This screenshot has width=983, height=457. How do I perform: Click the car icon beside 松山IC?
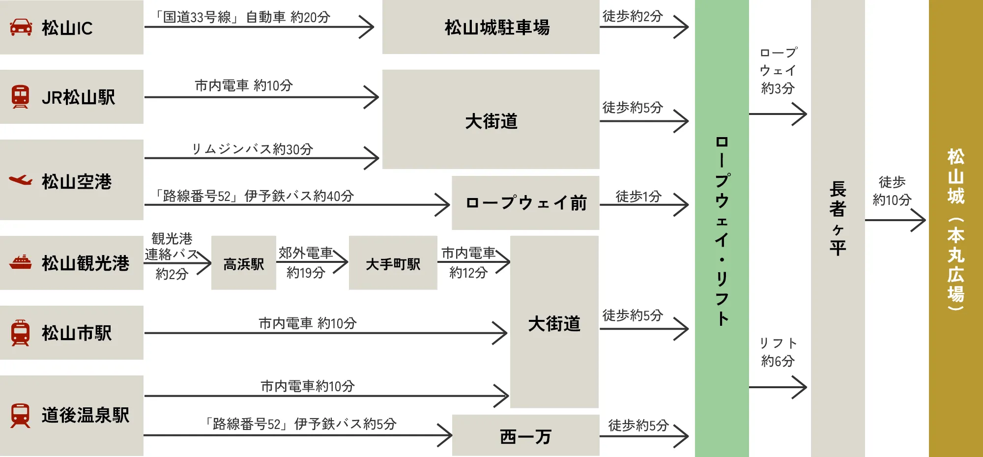21,28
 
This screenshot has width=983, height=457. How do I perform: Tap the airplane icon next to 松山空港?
21,180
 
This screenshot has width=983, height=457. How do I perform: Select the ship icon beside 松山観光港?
21,262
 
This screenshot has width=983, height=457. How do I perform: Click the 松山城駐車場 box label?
497,28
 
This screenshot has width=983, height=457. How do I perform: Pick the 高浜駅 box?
244,264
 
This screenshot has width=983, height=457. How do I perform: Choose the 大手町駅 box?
393,264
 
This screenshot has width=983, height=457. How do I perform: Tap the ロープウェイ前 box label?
526,202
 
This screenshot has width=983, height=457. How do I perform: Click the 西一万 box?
525,436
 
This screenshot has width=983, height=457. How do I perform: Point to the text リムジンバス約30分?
252,149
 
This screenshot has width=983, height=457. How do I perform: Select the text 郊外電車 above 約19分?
306,253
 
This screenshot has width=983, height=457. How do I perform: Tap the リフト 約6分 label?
778,352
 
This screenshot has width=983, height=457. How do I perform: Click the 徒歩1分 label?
638,196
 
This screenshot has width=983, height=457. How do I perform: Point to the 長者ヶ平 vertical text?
838,219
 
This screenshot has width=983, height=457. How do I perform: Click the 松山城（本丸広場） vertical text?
955,229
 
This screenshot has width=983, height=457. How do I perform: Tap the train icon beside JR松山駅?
20,97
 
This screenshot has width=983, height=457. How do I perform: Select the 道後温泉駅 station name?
86,415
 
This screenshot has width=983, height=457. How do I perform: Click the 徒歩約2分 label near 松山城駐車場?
633,16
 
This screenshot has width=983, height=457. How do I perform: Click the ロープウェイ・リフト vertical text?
722,231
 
